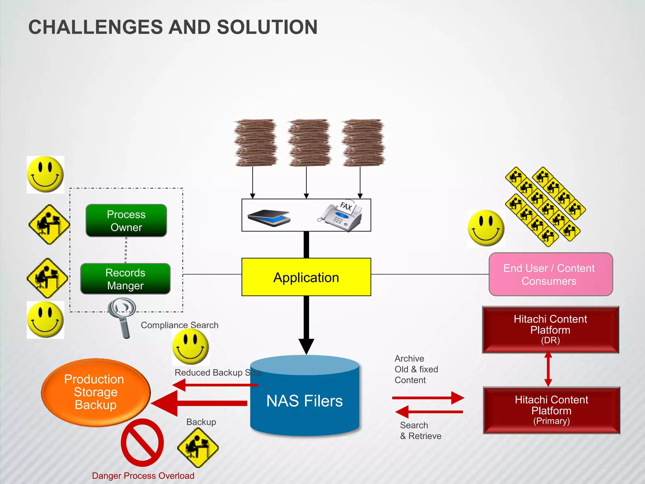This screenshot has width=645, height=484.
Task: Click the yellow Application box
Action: [306, 277]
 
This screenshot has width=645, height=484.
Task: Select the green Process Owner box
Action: [126, 221]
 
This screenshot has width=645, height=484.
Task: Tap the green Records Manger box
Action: [125, 279]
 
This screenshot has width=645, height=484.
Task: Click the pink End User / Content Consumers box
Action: [551, 274]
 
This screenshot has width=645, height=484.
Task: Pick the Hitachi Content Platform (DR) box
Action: [551, 330]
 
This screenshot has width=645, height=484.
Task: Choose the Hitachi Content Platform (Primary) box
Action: [551, 410]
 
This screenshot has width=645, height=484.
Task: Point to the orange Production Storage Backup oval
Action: [96, 392]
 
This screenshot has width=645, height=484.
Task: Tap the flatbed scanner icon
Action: [269, 217]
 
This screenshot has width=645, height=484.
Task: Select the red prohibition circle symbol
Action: [142, 443]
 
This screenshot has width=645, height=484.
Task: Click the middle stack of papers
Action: [309, 142]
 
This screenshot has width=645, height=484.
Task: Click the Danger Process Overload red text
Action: [143, 476]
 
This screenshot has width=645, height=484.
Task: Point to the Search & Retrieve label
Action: [420, 430]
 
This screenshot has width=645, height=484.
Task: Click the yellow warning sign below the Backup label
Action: [198, 447]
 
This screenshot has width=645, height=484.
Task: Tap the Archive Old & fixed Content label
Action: [416, 369]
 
